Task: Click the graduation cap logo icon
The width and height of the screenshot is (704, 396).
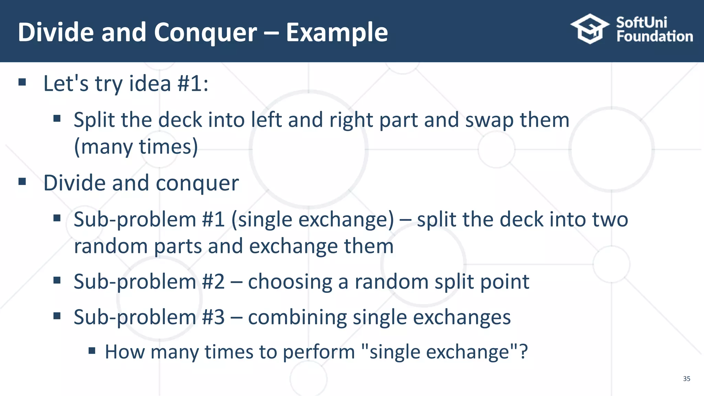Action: pyautogui.click(x=590, y=29)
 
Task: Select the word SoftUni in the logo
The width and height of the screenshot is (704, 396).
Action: pyautogui.click(x=641, y=22)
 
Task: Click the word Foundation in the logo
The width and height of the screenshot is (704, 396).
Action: pyautogui.click(x=654, y=36)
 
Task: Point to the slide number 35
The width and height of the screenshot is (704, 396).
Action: pyautogui.click(x=686, y=378)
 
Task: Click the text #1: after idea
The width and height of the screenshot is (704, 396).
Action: pyautogui.click(x=193, y=84)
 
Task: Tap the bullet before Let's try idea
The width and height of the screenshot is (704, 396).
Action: pyautogui.click(x=22, y=82)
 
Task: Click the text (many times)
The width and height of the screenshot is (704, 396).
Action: pyautogui.click(x=136, y=147)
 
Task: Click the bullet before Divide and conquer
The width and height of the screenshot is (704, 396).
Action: pyautogui.click(x=22, y=181)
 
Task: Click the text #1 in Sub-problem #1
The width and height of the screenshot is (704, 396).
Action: pyautogui.click(x=213, y=220)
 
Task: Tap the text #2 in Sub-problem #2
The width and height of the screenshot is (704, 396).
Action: pyautogui.click(x=213, y=282)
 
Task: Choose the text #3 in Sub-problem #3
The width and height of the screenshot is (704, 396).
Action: pyautogui.click(x=213, y=317)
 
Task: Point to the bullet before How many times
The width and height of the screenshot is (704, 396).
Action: pyautogui.click(x=92, y=351)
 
